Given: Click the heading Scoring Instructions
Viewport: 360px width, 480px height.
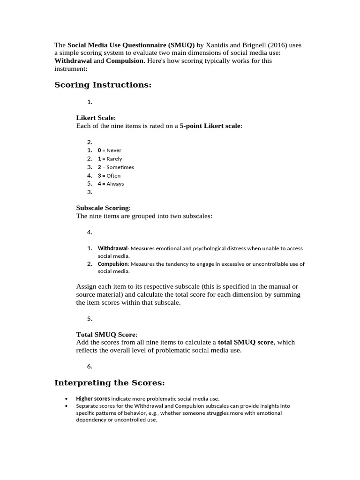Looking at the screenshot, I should (103, 85).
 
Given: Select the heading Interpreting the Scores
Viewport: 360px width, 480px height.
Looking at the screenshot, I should (110, 383).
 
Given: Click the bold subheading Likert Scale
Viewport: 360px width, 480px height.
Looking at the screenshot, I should (95, 118).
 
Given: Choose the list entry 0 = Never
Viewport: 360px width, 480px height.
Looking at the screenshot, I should (109, 150).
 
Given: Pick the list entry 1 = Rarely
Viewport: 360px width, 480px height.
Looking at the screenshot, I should (110, 159).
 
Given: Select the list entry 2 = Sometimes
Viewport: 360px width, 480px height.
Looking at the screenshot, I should (115, 167).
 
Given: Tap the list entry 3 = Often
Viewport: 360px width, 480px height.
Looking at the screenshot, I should (109, 176).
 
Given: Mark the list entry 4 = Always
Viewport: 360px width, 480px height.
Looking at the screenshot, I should (111, 184).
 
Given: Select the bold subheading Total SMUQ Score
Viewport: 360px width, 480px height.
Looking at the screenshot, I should (106, 334).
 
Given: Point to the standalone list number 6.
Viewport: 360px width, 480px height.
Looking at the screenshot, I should (90, 367).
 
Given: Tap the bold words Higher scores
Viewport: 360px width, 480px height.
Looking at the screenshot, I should (93, 398).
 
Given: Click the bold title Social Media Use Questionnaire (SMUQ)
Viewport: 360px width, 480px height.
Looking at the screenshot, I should (131, 45).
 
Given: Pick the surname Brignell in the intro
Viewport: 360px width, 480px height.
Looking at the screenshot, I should (259, 45).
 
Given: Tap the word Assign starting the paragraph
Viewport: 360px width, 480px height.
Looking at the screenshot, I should (87, 286).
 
